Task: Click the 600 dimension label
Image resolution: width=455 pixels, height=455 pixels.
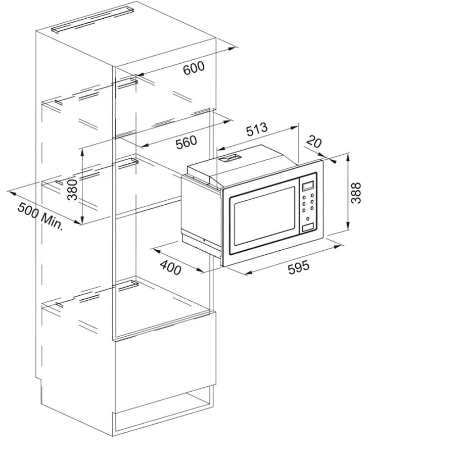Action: coord(194,68)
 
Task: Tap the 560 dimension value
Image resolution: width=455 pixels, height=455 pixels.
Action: coord(186,142)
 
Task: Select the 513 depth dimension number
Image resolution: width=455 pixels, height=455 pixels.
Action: coord(257,129)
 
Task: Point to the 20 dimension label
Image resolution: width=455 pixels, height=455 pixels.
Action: coord(314,142)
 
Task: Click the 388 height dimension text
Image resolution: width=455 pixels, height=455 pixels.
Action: coord(356,193)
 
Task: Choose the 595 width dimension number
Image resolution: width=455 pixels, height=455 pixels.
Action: coord(299,267)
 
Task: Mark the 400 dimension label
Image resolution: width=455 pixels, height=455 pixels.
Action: coord(171,267)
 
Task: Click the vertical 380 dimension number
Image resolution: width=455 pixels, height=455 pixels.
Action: coord(72,190)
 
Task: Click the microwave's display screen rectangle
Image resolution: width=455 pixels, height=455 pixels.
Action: coord(308,186)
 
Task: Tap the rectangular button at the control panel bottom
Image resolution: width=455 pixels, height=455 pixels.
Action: coord(308,228)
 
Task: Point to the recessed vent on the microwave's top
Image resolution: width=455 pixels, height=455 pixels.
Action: coord(230,158)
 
